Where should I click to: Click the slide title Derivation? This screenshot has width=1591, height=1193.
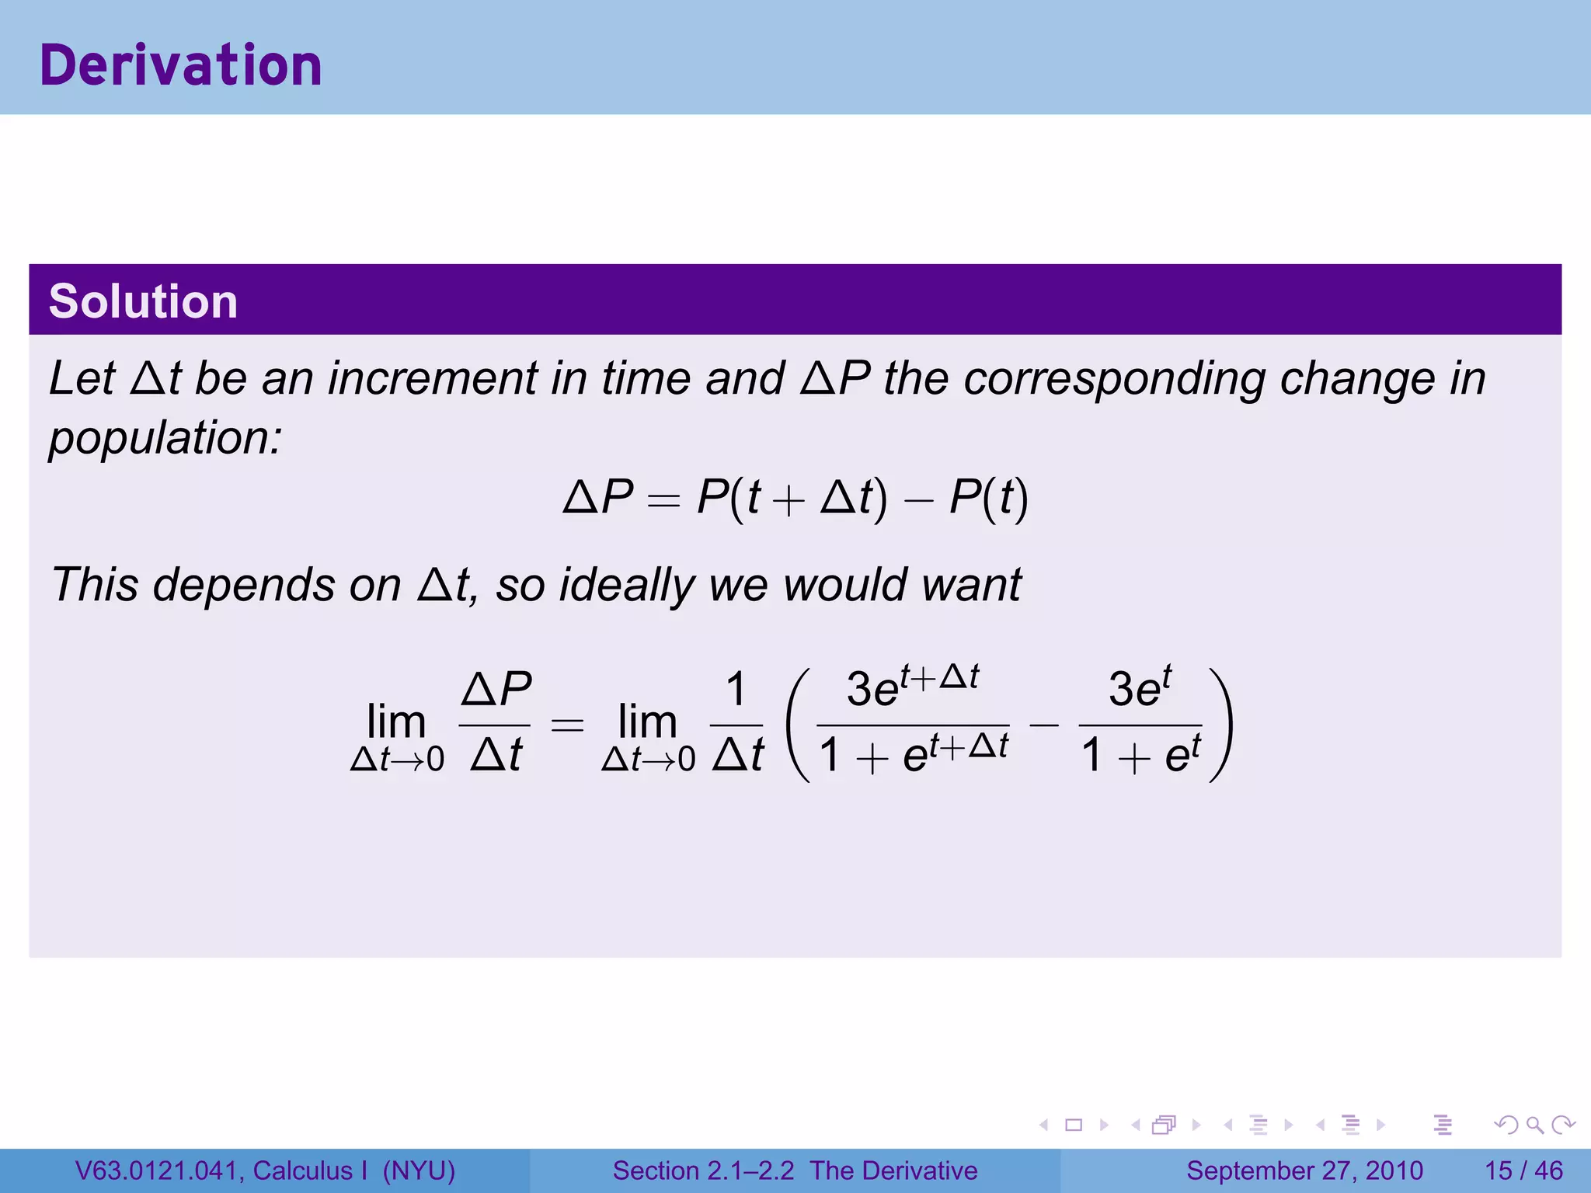pyautogui.click(x=180, y=65)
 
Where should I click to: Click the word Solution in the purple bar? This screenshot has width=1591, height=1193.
pyautogui.click(x=143, y=301)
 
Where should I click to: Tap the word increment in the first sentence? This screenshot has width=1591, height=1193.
pyautogui.click(x=432, y=379)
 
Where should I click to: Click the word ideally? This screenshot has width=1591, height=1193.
pyautogui.click(x=626, y=584)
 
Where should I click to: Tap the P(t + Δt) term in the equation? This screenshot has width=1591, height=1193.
pyautogui.click(x=792, y=497)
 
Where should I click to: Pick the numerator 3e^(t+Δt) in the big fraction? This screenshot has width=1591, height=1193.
pyautogui.click(x=912, y=687)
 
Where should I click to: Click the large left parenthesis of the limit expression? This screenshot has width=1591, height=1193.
pyautogui.click(x=799, y=724)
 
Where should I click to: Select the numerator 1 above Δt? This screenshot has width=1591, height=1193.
pyautogui.click(x=736, y=689)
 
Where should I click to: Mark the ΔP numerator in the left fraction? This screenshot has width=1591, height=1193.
pyautogui.click(x=496, y=689)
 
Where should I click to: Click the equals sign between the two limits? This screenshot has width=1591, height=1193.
pyautogui.click(x=566, y=725)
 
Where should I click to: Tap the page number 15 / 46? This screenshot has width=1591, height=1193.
pyautogui.click(x=1523, y=1170)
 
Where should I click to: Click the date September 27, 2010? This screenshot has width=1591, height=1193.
pyautogui.click(x=1304, y=1170)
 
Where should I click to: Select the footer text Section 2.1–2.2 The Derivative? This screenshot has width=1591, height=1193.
pyautogui.click(x=795, y=1170)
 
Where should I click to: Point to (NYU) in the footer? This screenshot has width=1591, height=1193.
pyautogui.click(x=419, y=1170)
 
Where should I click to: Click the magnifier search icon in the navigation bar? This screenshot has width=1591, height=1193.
pyautogui.click(x=1534, y=1125)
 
